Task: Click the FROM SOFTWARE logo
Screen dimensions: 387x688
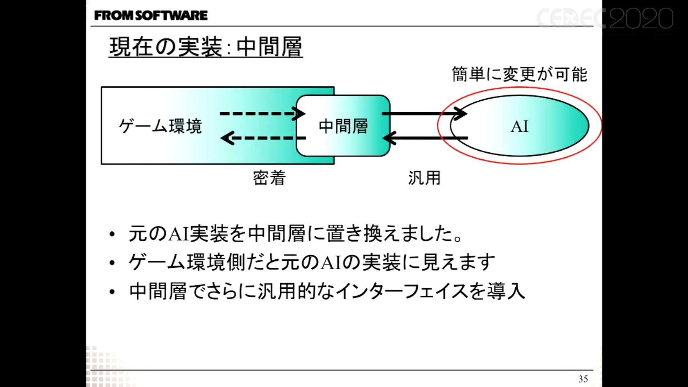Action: click(x=151, y=16)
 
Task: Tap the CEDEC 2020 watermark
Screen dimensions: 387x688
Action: click(x=605, y=18)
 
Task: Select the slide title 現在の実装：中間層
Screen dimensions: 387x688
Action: click(x=206, y=47)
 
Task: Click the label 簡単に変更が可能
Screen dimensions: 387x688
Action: click(x=519, y=75)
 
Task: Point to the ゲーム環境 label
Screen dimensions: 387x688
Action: click(x=160, y=126)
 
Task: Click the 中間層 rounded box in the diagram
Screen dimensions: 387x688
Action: click(x=343, y=126)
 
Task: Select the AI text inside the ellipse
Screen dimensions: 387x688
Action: click(x=519, y=127)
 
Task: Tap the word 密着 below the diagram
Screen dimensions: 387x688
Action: click(x=269, y=178)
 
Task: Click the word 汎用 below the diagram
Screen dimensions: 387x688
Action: click(x=424, y=178)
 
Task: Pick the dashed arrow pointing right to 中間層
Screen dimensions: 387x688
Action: click(x=262, y=113)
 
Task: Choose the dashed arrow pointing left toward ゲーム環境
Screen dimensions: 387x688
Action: click(x=262, y=138)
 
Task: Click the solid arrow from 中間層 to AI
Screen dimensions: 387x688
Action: click(x=424, y=113)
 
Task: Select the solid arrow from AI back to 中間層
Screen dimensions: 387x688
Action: click(x=426, y=138)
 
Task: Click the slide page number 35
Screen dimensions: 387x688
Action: click(x=583, y=379)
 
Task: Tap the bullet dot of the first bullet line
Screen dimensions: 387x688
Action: click(x=112, y=235)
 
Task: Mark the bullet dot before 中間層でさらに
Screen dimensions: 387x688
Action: click(x=112, y=292)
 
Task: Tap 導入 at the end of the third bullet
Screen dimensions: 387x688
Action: click(x=506, y=291)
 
